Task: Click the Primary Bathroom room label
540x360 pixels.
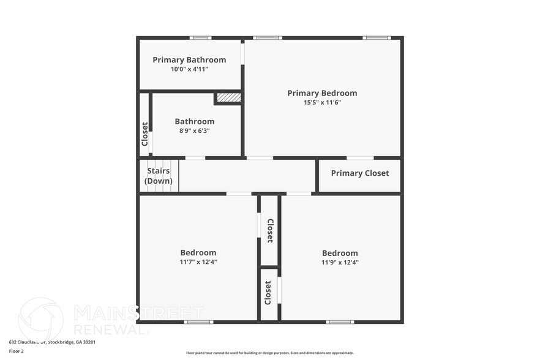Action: [189, 60]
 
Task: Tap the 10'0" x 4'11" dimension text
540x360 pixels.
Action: [189, 70]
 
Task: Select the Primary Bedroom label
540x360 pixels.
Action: [322, 93]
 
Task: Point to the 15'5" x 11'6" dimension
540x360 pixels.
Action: [322, 102]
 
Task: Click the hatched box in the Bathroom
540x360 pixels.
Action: [228, 97]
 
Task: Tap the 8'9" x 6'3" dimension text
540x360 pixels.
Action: [194, 131]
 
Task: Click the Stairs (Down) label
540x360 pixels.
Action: [158, 176]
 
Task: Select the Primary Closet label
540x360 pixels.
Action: [359, 173]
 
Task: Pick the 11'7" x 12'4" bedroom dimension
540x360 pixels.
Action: [198, 262]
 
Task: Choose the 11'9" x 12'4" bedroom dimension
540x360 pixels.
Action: [340, 262]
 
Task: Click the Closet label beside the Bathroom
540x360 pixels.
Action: [144, 133]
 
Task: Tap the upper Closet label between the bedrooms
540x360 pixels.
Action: [270, 230]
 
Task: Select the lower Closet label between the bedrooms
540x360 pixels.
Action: [268, 293]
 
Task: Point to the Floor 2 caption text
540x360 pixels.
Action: [17, 351]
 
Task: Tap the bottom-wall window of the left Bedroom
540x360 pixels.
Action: [198, 321]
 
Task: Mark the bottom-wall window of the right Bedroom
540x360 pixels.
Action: [340, 321]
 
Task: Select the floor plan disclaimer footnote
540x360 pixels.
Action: [270, 353]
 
